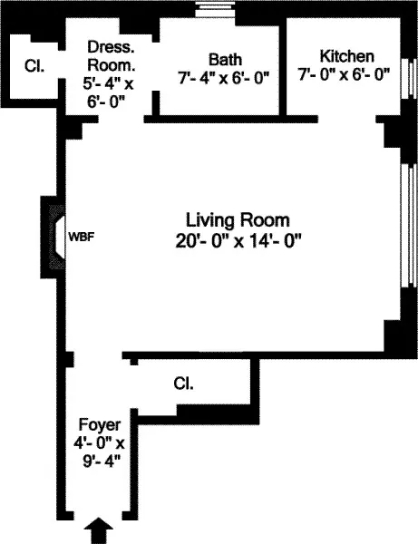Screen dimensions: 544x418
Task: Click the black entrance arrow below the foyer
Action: point(101,529)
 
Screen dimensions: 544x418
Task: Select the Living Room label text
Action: point(238,220)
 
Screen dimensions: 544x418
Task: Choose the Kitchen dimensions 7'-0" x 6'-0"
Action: point(345,77)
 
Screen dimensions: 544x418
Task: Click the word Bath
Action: point(224,59)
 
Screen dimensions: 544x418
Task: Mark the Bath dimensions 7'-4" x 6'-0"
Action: point(224,78)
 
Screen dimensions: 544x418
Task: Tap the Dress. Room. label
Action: point(112,56)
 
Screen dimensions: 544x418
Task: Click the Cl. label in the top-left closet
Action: point(34,66)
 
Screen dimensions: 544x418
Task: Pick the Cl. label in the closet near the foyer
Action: point(183,384)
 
